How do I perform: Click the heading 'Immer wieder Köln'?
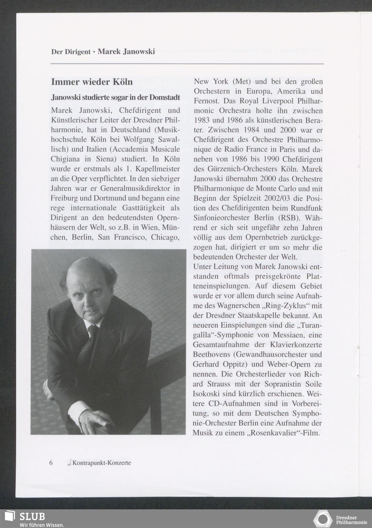(92, 82)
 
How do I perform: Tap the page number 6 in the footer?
(51, 463)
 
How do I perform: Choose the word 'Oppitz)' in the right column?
(237, 364)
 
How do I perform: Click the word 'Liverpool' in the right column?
(273, 101)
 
